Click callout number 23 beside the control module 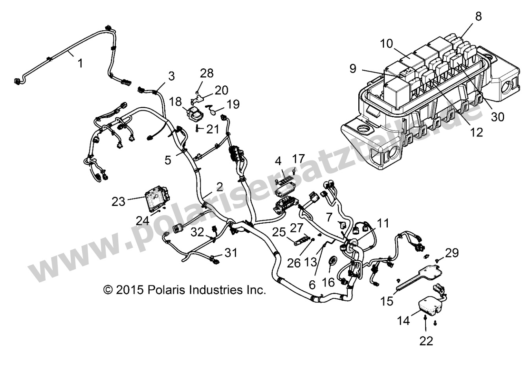pyautogui.click(x=118, y=201)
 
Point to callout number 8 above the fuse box pyautogui.click(x=478, y=16)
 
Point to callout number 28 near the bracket pyautogui.click(x=207, y=73)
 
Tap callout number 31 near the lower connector pyautogui.click(x=231, y=252)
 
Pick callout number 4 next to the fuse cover pyautogui.click(x=278, y=161)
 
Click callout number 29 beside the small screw pyautogui.click(x=452, y=253)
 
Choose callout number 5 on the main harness pyautogui.click(x=168, y=160)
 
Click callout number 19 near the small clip pyautogui.click(x=233, y=104)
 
